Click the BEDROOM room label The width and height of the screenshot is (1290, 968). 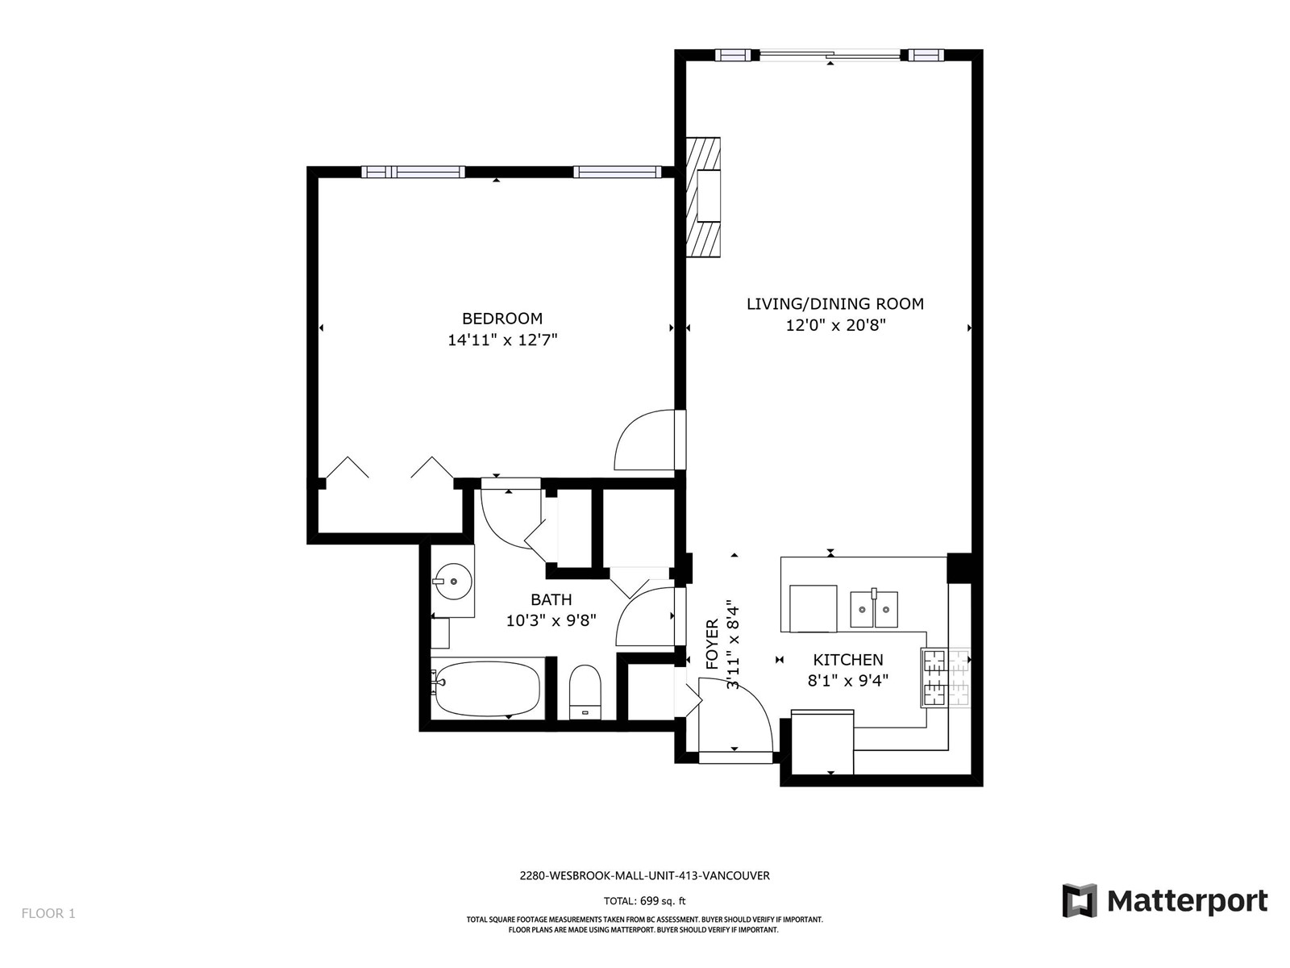point(502,319)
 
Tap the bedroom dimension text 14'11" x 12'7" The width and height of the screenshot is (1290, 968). point(502,340)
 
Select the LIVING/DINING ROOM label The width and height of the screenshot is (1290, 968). point(835,304)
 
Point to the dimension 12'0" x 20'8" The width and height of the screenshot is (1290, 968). point(836,325)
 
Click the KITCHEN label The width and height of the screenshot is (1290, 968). point(848,659)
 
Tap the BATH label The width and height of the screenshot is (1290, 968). point(551,599)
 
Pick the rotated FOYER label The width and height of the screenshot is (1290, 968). point(712,645)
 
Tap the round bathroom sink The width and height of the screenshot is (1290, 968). point(454,582)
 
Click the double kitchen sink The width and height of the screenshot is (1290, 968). point(874,610)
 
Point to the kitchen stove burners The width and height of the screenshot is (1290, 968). point(946,678)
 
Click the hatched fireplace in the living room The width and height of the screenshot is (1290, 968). point(703,197)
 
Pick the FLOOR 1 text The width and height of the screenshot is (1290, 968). point(48,913)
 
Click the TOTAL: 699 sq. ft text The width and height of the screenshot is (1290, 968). point(645,900)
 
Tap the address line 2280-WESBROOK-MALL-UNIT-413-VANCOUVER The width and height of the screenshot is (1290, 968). point(645,875)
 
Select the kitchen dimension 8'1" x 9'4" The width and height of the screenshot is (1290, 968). point(848,681)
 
